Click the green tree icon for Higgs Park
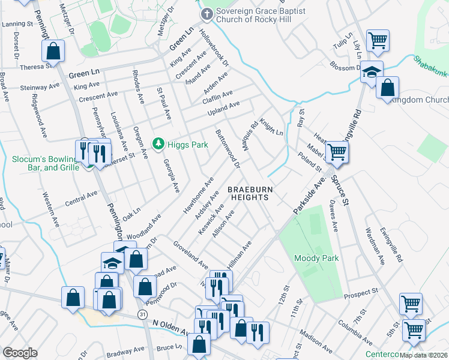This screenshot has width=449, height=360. (x=158, y=144)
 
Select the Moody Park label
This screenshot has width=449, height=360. (x=316, y=258)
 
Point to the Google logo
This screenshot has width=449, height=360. (x=20, y=353)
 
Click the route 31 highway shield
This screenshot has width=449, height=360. (x=142, y=314)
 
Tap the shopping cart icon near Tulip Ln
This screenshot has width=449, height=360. (x=378, y=41)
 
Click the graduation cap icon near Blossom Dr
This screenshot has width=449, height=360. (x=372, y=72)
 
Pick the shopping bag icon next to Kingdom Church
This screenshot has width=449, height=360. (x=388, y=87)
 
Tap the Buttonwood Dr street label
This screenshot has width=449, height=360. (x=228, y=148)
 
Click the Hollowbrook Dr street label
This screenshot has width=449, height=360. (x=214, y=47)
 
